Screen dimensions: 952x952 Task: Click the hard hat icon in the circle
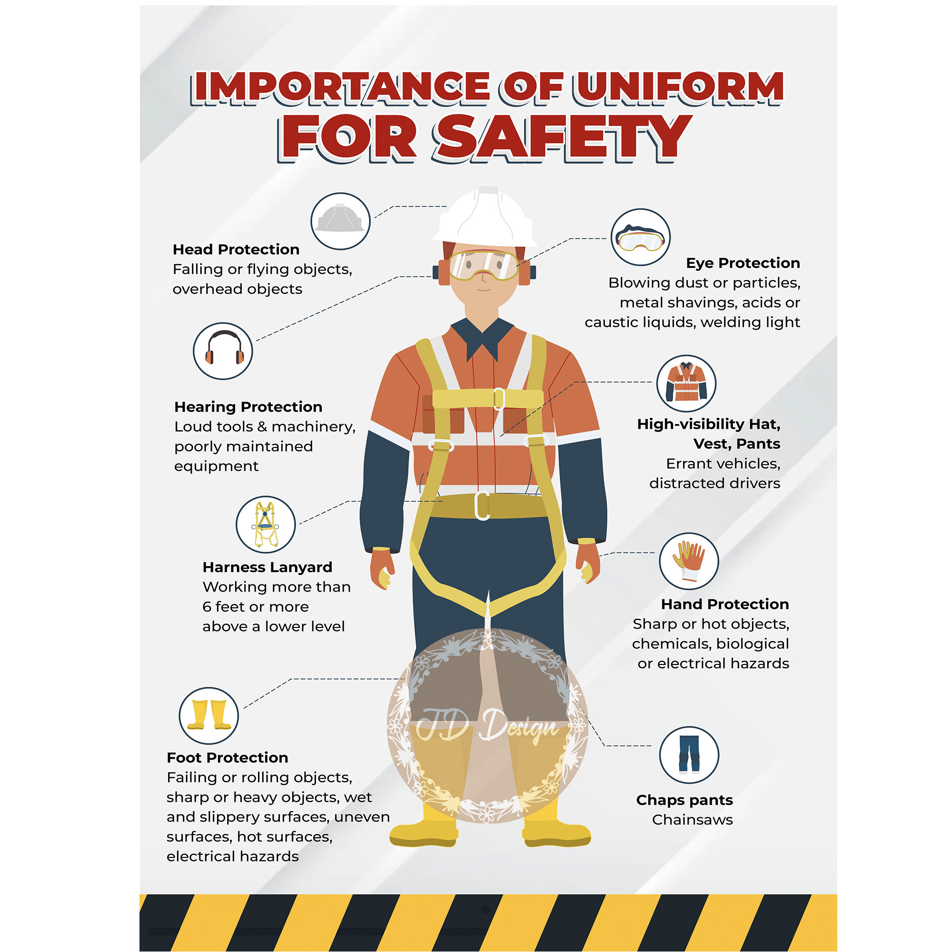(x=340, y=219)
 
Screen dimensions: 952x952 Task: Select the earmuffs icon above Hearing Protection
(x=223, y=348)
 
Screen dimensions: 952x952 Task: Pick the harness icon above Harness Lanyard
(x=265, y=525)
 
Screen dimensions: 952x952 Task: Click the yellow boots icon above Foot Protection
(x=209, y=714)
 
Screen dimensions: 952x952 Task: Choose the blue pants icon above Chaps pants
(x=689, y=754)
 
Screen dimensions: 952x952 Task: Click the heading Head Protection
(x=236, y=249)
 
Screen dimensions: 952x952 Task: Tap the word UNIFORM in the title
(x=678, y=88)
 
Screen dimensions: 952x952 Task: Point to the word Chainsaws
(x=692, y=820)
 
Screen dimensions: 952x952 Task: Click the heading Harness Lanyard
(x=267, y=567)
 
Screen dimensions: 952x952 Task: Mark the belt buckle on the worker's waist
(x=482, y=506)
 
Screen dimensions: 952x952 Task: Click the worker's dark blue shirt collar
(x=482, y=337)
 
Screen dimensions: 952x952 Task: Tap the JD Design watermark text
(x=487, y=725)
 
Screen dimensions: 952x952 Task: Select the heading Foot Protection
(x=227, y=757)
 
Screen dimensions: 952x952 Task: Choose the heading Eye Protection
(x=743, y=263)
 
